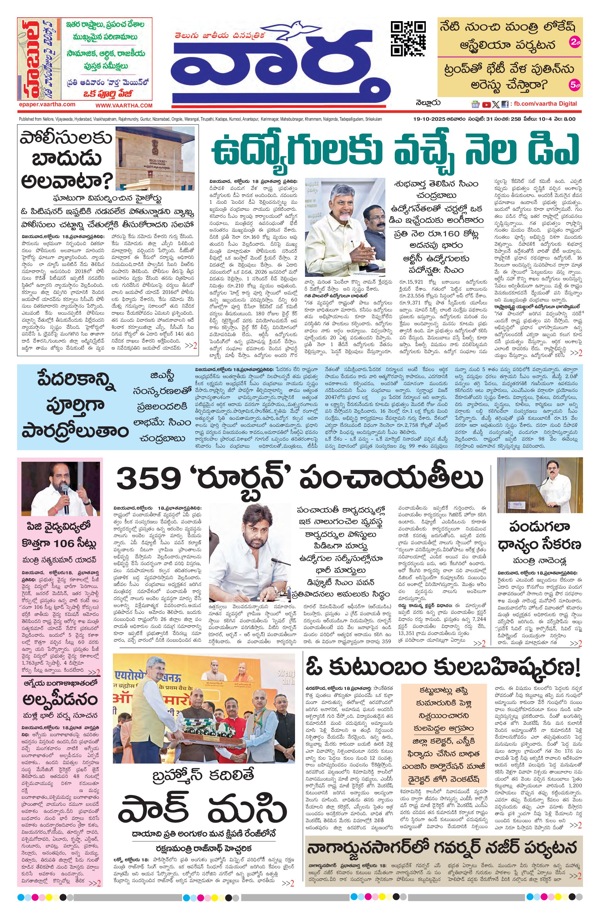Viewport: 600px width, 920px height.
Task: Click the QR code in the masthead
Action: coord(408,39)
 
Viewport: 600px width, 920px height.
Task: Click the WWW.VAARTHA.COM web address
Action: coord(124,105)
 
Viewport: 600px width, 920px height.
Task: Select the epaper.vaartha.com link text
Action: coord(47,105)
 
